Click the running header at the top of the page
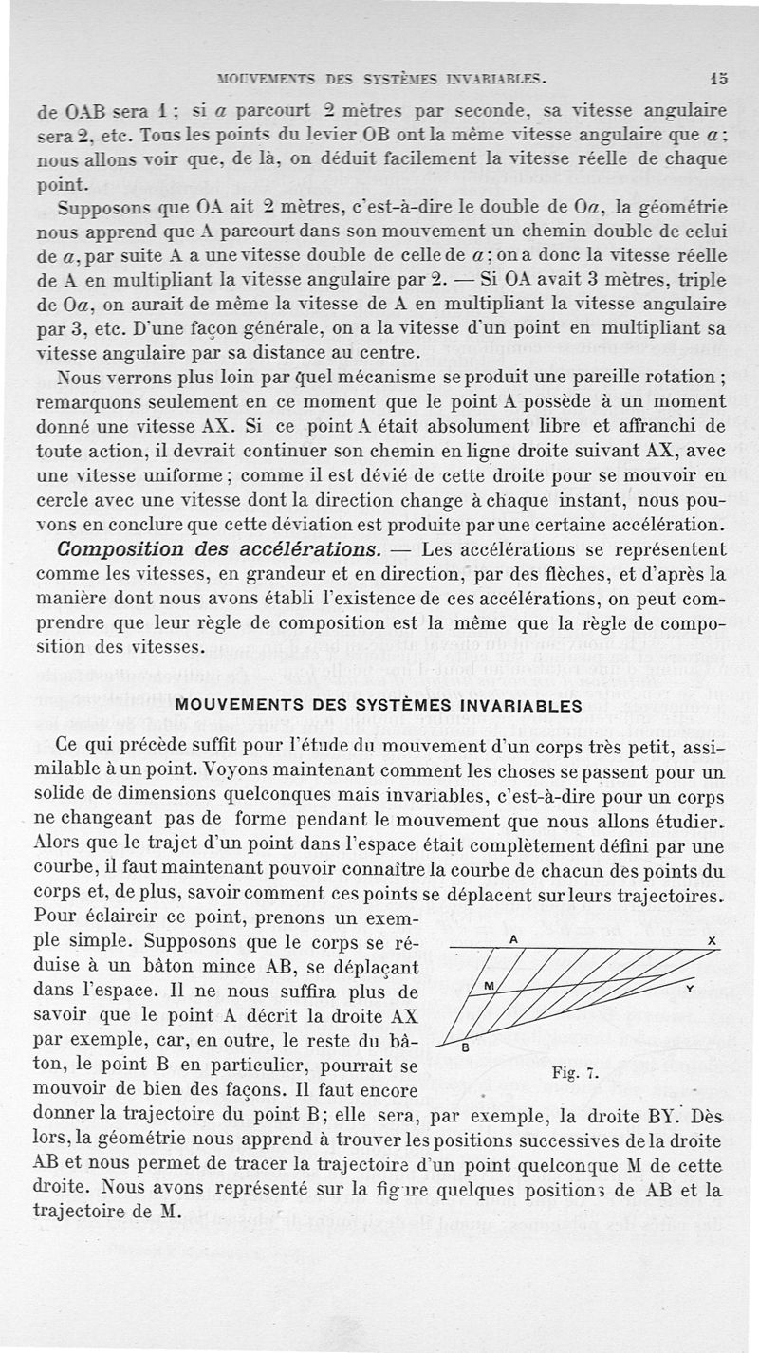coord(381,80)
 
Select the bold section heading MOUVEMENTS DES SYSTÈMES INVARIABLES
coord(379,706)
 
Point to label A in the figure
coord(512,937)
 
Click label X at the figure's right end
coord(712,940)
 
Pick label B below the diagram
coord(464,1049)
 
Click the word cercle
coord(60,500)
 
